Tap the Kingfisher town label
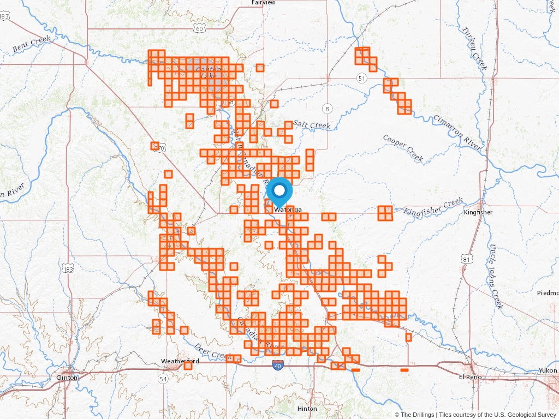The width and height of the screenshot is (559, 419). (478, 212)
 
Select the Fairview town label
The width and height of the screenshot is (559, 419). (264, 3)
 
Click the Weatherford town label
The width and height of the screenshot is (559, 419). (180, 361)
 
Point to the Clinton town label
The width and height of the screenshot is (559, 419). (67, 377)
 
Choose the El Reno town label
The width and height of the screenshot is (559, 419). (468, 377)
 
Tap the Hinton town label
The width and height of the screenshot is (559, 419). (307, 409)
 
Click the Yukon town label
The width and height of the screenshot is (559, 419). (546, 370)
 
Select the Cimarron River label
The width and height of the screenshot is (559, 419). (457, 133)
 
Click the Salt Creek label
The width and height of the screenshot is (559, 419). (312, 125)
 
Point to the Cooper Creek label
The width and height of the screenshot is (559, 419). (403, 148)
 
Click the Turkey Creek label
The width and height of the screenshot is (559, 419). (472, 43)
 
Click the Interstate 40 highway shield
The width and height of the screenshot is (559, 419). (278, 366)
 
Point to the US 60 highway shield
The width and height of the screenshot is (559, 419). (200, 28)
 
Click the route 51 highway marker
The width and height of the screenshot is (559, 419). (361, 79)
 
